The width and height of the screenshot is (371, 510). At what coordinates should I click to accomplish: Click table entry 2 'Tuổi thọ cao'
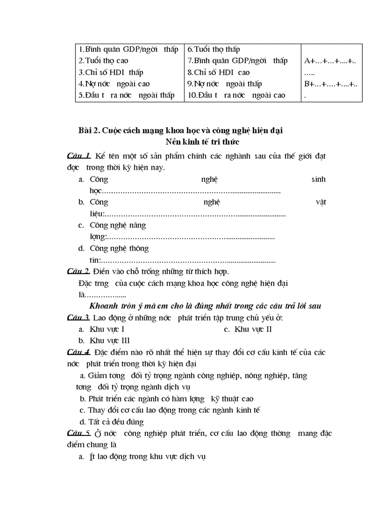click(x=104, y=60)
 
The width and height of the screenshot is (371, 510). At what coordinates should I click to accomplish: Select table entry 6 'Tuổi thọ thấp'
click(x=214, y=49)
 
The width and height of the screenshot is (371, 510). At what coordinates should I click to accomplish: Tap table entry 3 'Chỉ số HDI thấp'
click(x=108, y=72)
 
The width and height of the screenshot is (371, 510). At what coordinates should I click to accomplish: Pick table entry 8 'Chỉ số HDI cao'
click(x=219, y=72)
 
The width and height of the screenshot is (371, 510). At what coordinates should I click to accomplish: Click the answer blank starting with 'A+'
click(x=331, y=60)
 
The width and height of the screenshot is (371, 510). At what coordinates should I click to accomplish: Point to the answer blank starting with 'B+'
click(x=331, y=84)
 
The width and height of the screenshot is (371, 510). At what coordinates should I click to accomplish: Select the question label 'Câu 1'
click(x=79, y=156)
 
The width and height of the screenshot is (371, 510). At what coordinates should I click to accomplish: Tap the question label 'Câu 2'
click(x=79, y=272)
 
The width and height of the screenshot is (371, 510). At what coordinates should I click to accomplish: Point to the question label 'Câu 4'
click(x=79, y=352)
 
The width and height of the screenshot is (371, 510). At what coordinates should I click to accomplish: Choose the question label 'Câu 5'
click(x=79, y=434)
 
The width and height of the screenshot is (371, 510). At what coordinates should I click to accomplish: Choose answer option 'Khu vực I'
click(x=107, y=329)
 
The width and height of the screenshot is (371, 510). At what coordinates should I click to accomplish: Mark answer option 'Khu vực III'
click(x=109, y=341)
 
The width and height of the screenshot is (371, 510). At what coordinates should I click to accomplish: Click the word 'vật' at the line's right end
click(x=321, y=202)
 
